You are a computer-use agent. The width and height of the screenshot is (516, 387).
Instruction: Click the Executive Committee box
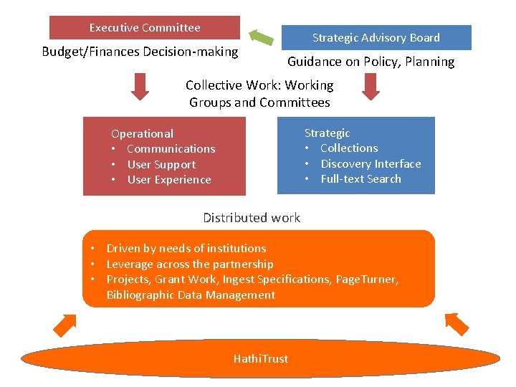pyautogui.click(x=145, y=28)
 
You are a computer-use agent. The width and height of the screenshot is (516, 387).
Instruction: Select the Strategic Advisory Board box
pyautogui.click(x=376, y=37)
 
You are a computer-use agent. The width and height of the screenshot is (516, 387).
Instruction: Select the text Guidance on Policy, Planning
pyautogui.click(x=371, y=62)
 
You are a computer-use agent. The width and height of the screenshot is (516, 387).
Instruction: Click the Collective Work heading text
pyautogui.click(x=259, y=94)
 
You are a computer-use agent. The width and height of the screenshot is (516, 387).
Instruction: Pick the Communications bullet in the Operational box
pyautogui.click(x=171, y=149)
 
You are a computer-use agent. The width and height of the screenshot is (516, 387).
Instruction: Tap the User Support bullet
pyautogui.click(x=161, y=164)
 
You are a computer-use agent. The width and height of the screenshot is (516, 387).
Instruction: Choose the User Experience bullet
pyautogui.click(x=169, y=180)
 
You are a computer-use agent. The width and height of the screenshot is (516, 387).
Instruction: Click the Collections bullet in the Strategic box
pyautogui.click(x=349, y=148)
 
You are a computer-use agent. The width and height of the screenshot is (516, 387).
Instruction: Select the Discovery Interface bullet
pyautogui.click(x=371, y=164)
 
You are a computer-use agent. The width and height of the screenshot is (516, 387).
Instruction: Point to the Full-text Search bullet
pyautogui.click(x=360, y=179)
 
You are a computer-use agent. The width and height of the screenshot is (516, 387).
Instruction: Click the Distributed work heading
pyautogui.click(x=252, y=218)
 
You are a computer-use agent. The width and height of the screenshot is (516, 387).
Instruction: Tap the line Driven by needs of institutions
pyautogui.click(x=186, y=249)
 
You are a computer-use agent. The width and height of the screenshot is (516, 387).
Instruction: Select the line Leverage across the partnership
pyautogui.click(x=190, y=264)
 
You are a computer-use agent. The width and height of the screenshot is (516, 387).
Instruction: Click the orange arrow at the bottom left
pyautogui.click(x=64, y=324)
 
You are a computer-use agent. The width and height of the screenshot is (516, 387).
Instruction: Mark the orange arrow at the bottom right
pyautogui.click(x=456, y=323)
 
